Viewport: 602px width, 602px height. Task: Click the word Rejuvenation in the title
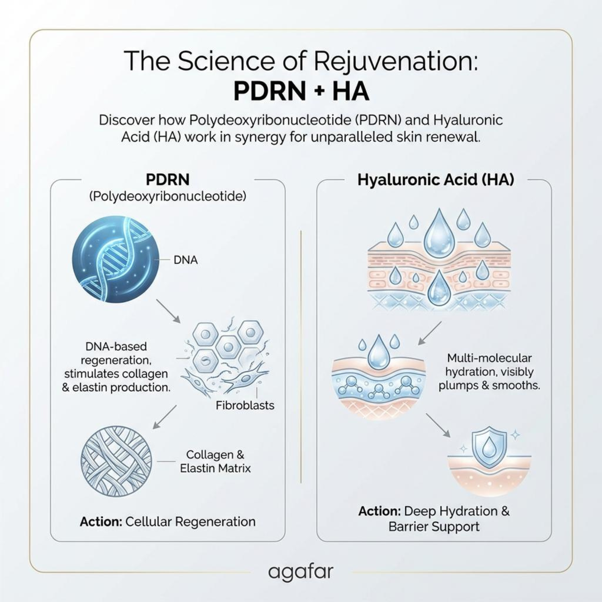click(395, 61)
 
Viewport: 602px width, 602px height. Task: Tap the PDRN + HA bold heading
click(301, 91)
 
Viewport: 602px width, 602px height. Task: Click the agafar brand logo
click(301, 571)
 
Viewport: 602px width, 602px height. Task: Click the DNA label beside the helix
click(185, 260)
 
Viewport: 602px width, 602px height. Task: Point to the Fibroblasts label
click(245, 405)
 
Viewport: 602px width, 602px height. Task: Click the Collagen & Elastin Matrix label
click(215, 462)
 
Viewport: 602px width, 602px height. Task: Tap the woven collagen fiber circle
click(116, 462)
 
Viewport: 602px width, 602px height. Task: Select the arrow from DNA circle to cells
click(168, 311)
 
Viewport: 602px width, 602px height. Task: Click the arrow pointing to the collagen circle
click(165, 417)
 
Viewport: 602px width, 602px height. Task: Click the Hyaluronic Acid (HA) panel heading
click(436, 180)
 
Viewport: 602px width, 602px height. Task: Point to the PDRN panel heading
click(168, 179)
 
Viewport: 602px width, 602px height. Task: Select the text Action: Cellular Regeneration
click(168, 521)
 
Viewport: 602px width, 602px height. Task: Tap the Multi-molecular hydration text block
click(489, 372)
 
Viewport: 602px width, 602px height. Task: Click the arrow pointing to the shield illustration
click(438, 425)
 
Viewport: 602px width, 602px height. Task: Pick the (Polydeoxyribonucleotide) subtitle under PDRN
click(168, 196)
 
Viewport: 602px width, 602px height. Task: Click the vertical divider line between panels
click(301, 356)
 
